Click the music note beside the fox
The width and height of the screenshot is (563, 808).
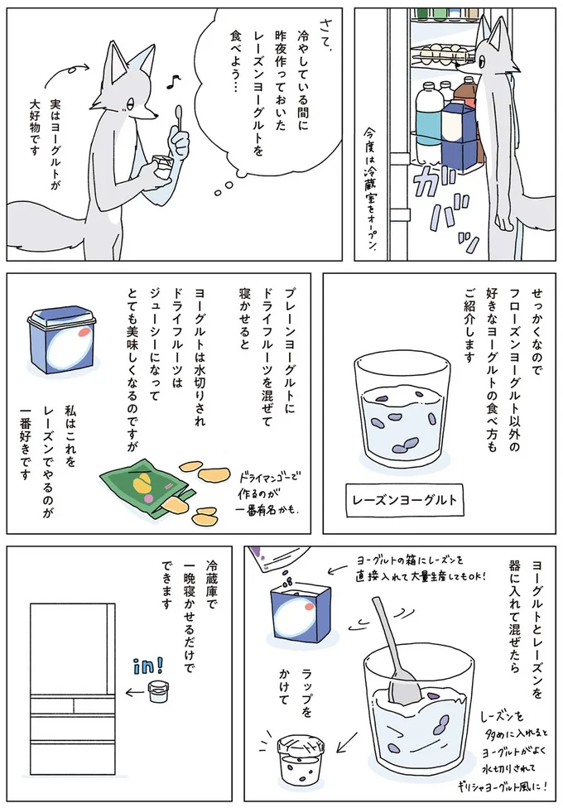pyautogui.click(x=173, y=81)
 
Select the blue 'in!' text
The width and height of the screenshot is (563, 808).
pyautogui.click(x=148, y=666)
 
